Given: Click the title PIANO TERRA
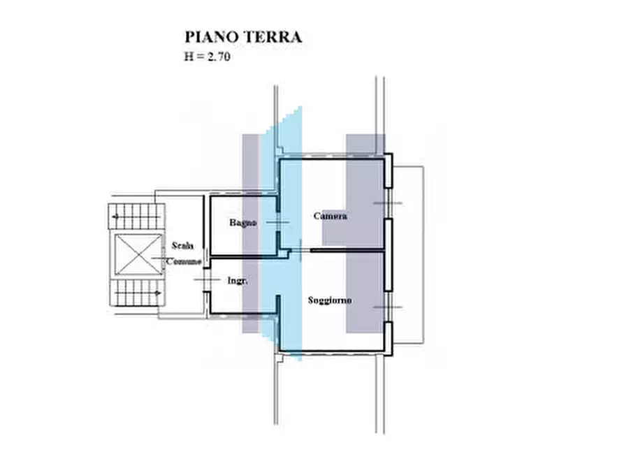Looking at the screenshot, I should pyautogui.click(x=243, y=37).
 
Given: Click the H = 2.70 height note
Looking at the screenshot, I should pyautogui.click(x=208, y=58).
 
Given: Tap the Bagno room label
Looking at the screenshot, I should pyautogui.click(x=243, y=223).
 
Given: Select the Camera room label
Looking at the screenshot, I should pyautogui.click(x=330, y=216).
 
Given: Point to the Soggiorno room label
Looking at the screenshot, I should pyautogui.click(x=330, y=300).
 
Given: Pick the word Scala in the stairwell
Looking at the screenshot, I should pyautogui.click(x=183, y=246).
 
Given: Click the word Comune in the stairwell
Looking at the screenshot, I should pyautogui.click(x=183, y=261).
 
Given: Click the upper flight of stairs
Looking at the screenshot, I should pyautogui.click(x=136, y=216).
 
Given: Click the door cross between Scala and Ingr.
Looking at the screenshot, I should pyautogui.click(x=205, y=280).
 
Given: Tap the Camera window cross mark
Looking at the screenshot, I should pyautogui.click(x=388, y=203).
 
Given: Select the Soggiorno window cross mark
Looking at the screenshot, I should pyautogui.click(x=388, y=307).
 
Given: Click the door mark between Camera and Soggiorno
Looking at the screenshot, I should pyautogui.click(x=300, y=249).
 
